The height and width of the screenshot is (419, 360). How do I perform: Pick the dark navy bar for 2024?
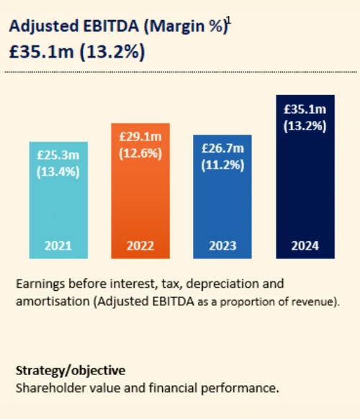305,187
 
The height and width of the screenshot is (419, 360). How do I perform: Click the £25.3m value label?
58,155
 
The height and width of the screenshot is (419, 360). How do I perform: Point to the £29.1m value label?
140,136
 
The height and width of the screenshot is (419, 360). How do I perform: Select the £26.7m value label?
222,148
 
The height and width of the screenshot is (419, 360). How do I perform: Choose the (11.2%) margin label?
222,165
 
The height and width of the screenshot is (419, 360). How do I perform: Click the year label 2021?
58,245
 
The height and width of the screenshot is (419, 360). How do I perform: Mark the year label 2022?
140,245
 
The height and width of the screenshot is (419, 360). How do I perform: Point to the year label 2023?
222,245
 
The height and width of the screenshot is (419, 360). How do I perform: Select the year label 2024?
305,245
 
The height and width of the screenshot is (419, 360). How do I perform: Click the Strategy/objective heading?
71,371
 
